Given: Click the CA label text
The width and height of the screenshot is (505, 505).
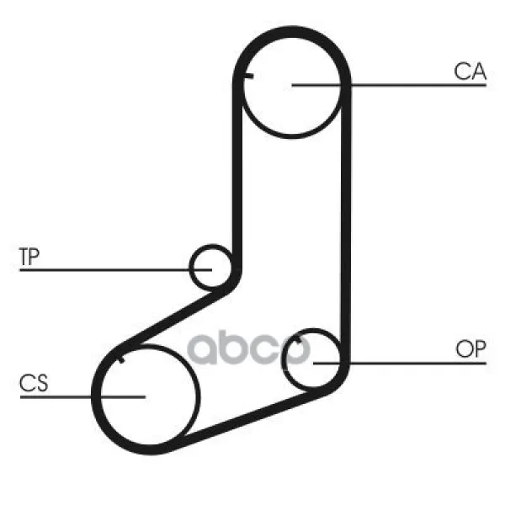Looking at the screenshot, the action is click(x=470, y=72).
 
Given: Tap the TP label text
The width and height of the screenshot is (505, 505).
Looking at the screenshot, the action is click(x=29, y=257).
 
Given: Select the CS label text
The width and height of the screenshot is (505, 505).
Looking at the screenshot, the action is click(x=34, y=383).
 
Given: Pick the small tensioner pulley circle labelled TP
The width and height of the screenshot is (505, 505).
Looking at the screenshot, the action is click(x=211, y=267).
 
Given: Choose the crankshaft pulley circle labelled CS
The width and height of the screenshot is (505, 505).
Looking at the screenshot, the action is click(x=149, y=397).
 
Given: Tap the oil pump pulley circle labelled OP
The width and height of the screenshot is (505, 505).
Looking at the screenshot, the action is click(x=312, y=359).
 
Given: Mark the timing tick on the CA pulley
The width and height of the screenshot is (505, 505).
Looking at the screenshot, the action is click(x=248, y=76).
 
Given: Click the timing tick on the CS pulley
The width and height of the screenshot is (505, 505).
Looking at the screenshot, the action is click(x=121, y=359).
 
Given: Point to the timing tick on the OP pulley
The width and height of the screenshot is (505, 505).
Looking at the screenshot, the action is click(x=298, y=339).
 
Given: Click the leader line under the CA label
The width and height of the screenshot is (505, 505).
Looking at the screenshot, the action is click(x=389, y=85).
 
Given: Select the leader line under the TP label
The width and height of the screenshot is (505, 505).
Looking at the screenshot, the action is click(x=115, y=270).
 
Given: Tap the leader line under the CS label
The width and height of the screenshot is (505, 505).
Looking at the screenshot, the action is click(x=82, y=397).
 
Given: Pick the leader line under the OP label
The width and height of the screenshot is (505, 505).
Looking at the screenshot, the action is click(x=400, y=364).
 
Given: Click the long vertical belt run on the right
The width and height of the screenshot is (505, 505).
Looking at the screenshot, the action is click(x=346, y=222).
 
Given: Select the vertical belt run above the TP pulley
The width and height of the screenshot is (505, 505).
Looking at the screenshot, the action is click(x=237, y=174).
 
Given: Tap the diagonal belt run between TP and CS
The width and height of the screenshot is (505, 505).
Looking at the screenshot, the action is click(x=176, y=317).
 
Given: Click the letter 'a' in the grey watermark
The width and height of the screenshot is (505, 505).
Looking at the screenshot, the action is click(x=202, y=349).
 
